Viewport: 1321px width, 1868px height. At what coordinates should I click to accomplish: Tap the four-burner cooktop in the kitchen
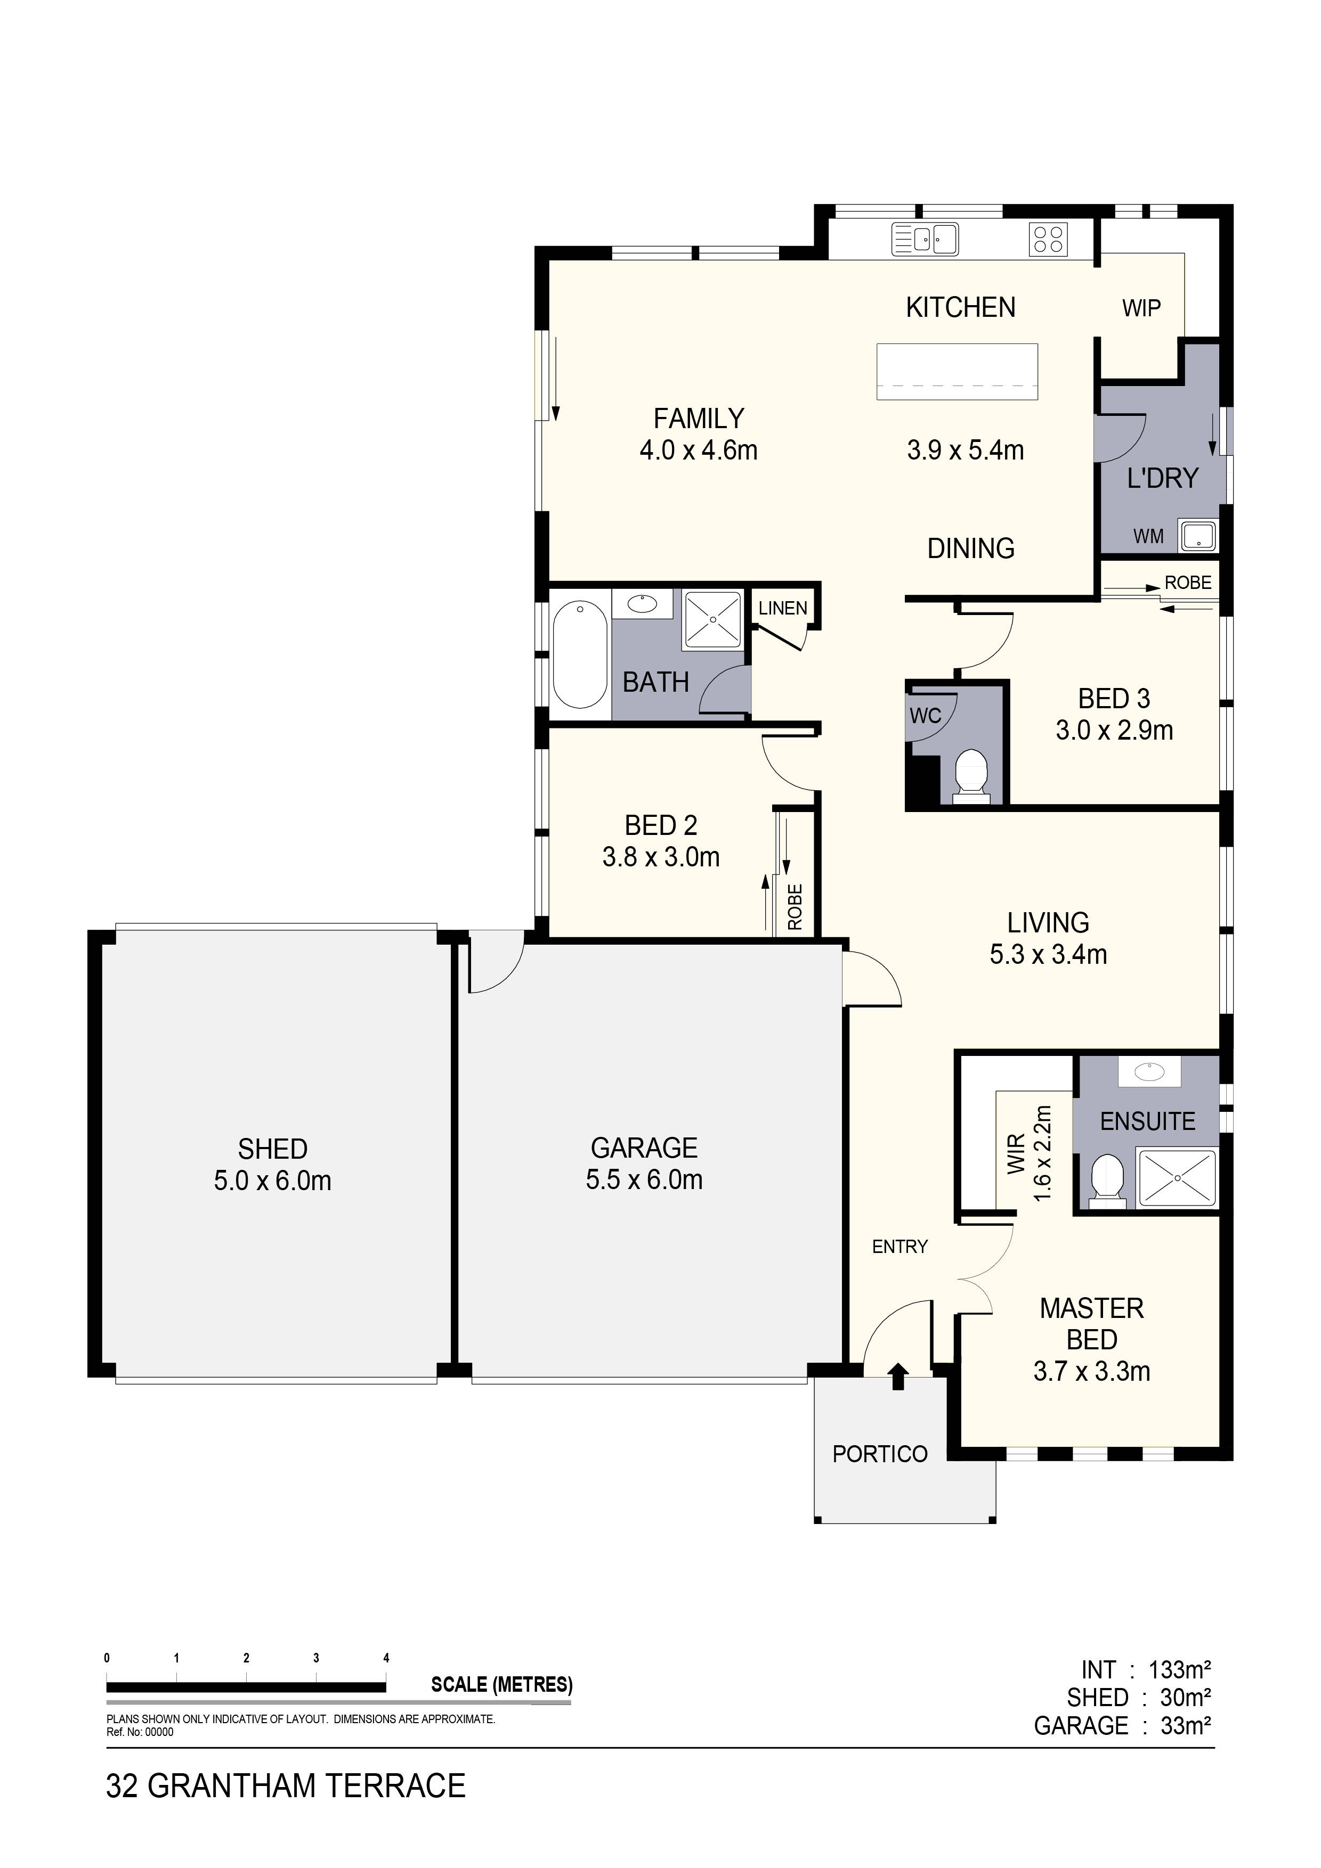coord(1048,239)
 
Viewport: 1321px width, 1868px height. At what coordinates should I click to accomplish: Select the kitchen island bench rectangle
coord(957,372)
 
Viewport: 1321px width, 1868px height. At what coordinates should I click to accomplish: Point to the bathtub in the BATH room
coord(580,654)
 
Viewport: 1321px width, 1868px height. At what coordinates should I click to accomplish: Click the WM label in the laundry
coord(1148,536)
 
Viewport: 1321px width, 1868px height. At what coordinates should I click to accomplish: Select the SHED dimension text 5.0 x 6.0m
coord(273,1181)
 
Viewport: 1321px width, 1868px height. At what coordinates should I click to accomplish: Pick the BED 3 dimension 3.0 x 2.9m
coord(1114,731)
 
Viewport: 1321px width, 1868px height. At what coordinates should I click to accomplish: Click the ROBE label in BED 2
coord(795,906)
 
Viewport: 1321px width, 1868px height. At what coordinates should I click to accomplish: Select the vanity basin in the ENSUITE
coord(1148,1071)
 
